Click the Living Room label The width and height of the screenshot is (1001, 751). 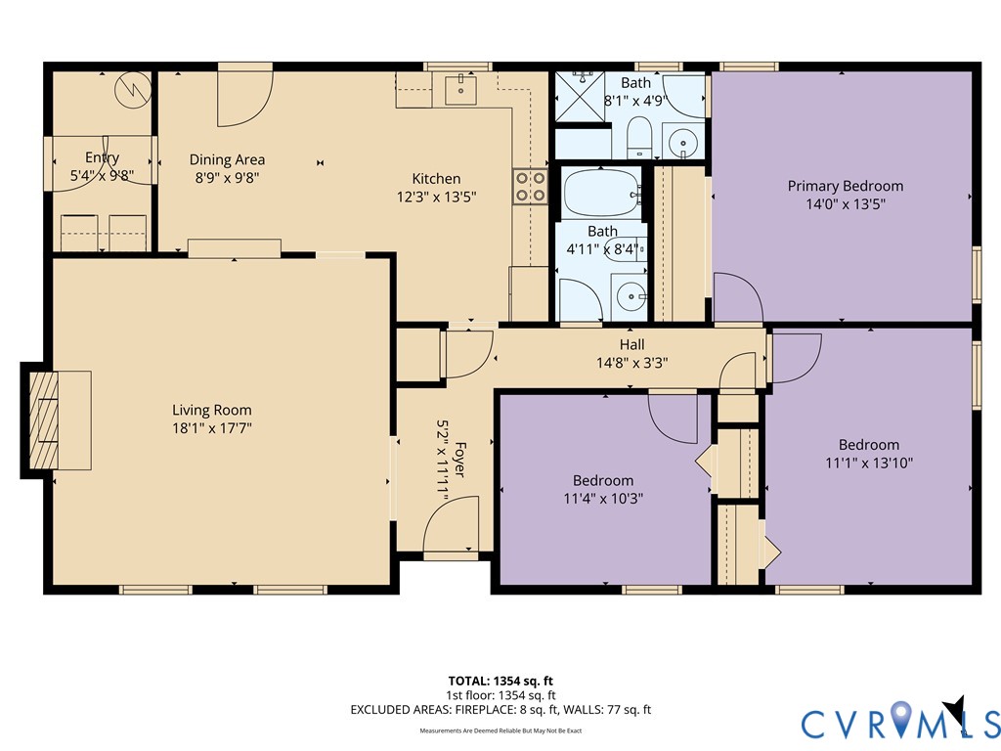tap(212, 410)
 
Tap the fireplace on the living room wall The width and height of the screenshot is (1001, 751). tap(43, 420)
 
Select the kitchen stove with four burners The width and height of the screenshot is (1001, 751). tap(530, 187)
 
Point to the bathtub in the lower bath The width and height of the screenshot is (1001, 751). tap(601, 193)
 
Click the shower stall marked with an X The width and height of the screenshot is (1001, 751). tap(580, 97)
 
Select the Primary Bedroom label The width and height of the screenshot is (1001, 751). tap(846, 186)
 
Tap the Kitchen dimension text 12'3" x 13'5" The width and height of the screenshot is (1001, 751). tap(437, 197)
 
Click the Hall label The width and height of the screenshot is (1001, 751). tap(632, 345)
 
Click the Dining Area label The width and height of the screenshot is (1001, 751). tap(227, 159)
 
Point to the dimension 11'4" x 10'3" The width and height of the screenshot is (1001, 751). tap(602, 498)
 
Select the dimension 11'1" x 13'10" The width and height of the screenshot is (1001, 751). tap(869, 463)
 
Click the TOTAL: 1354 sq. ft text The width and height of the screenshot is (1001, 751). tap(500, 681)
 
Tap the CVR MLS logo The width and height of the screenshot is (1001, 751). tap(900, 719)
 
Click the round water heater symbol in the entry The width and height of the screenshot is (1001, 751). tap(133, 90)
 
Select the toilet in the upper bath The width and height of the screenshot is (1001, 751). tap(638, 137)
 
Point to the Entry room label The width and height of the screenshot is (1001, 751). tap(102, 157)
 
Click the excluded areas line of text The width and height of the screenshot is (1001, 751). tap(500, 710)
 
